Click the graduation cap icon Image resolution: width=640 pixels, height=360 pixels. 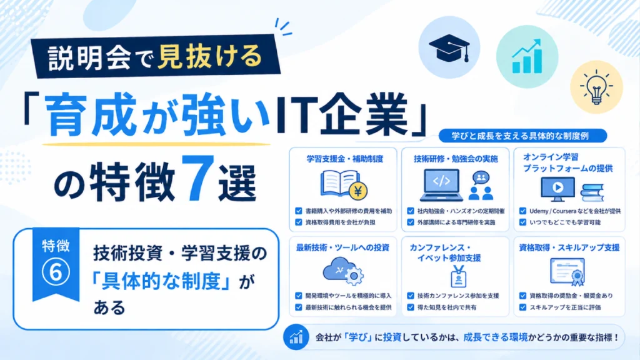pyautogui.click(x=449, y=47)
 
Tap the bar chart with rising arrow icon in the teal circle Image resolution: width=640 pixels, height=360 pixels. pyautogui.click(x=527, y=57)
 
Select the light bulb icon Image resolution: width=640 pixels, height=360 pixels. pyautogui.click(x=596, y=87)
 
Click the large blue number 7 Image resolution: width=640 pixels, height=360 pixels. pyautogui.click(x=196, y=178)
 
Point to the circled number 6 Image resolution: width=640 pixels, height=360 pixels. pyautogui.click(x=56, y=272)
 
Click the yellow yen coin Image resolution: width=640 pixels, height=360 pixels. pyautogui.click(x=358, y=191)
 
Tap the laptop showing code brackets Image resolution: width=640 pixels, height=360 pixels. pyautogui.click(x=442, y=185)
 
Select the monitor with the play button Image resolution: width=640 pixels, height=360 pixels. pyautogui.click(x=557, y=189)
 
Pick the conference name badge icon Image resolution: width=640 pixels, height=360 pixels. pyautogui.click(x=458, y=276)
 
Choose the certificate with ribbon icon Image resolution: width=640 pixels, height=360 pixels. pyautogui.click(x=567, y=272)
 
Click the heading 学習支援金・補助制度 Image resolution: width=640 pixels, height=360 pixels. pyautogui.click(x=345, y=159)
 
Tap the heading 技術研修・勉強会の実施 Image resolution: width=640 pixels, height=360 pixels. pyautogui.click(x=456, y=159)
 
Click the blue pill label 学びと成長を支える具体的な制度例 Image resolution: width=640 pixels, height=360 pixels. pyautogui.click(x=523, y=136)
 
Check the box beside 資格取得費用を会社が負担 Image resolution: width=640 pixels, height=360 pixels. pyautogui.click(x=299, y=222)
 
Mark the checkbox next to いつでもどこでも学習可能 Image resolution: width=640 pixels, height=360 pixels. pyautogui.click(x=523, y=222)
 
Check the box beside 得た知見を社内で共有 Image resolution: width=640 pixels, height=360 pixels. pyautogui.click(x=411, y=307)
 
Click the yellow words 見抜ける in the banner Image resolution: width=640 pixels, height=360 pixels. pyautogui.click(x=209, y=56)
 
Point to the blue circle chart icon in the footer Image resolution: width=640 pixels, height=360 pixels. pyautogui.click(x=296, y=337)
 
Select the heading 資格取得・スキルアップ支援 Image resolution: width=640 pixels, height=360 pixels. pyautogui.click(x=569, y=247)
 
